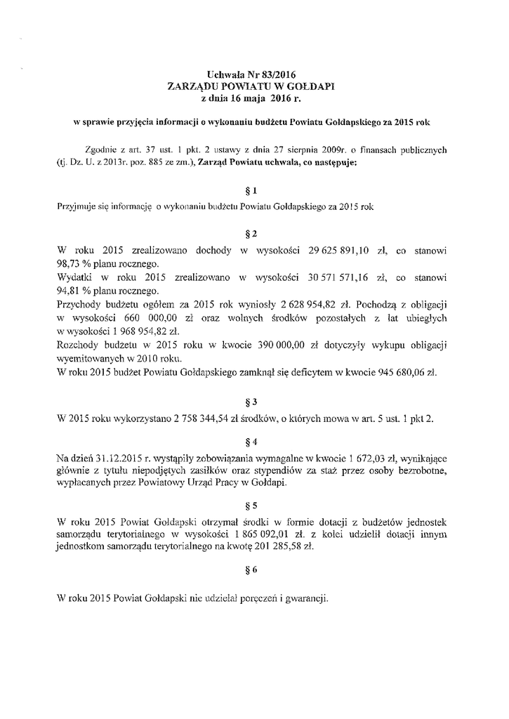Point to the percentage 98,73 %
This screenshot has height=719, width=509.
(72, 264)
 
